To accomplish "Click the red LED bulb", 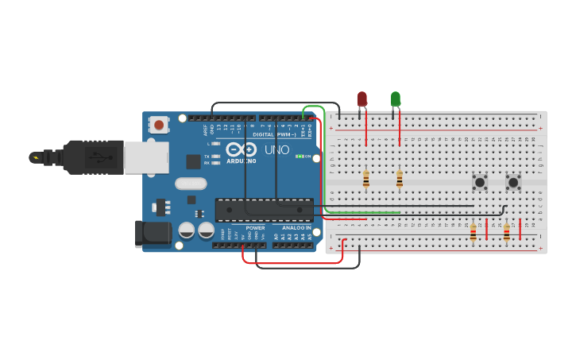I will point(362,99).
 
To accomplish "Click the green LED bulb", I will point(396,99).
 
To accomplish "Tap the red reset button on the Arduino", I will point(159,124).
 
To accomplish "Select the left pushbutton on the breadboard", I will point(480,182).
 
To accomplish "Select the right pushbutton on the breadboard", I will point(513,182).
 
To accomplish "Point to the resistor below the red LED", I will point(365,179).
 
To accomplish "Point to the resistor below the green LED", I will point(399,179).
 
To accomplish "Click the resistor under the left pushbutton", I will point(474,232).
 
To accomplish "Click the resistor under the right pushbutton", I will point(507,232).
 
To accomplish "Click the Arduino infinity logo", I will point(240,149).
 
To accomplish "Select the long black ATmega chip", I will point(264,210).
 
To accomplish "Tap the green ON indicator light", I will point(298,156).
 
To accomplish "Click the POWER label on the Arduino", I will point(255,228).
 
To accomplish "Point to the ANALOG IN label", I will point(298,228).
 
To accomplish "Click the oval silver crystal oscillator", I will point(191,184).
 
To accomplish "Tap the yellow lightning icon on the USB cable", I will point(35,157).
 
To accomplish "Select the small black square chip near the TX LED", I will point(193,161).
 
